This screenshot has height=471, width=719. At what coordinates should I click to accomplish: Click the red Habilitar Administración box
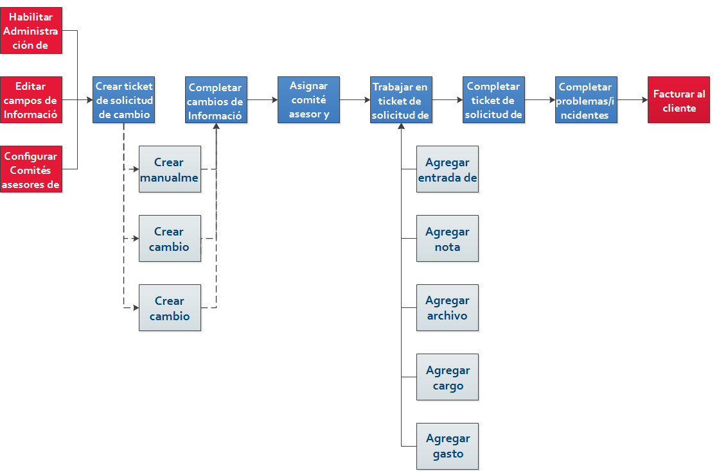click(31, 31)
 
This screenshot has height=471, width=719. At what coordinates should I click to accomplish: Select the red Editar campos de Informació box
click(31, 100)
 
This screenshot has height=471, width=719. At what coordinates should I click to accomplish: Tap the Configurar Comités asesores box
click(31, 169)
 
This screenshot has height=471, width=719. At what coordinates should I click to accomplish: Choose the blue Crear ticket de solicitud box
click(124, 100)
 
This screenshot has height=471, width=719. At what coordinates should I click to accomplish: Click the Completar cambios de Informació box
click(216, 100)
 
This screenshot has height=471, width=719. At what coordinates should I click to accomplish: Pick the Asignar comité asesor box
click(308, 100)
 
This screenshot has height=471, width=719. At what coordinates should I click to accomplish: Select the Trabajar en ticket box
click(401, 100)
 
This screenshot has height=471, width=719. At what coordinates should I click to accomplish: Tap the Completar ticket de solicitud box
click(494, 100)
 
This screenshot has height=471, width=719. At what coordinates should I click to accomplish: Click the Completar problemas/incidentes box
click(586, 100)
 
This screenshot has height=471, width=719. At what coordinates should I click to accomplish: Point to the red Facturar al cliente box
click(679, 100)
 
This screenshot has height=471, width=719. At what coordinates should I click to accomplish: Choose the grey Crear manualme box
click(170, 169)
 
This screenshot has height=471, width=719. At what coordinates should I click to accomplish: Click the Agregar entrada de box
click(448, 169)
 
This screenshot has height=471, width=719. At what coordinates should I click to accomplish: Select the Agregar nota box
click(448, 239)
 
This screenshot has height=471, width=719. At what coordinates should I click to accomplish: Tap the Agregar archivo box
click(448, 307)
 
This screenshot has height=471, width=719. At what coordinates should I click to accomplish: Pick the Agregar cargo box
click(448, 377)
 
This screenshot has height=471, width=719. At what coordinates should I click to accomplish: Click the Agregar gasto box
click(448, 446)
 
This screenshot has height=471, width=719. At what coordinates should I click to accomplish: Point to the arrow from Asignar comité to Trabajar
click(355, 100)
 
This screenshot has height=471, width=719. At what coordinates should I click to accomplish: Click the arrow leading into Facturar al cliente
click(633, 100)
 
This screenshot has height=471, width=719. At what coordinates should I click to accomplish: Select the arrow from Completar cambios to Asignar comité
click(263, 100)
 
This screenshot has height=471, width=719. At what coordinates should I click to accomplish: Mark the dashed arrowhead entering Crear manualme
click(136, 169)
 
